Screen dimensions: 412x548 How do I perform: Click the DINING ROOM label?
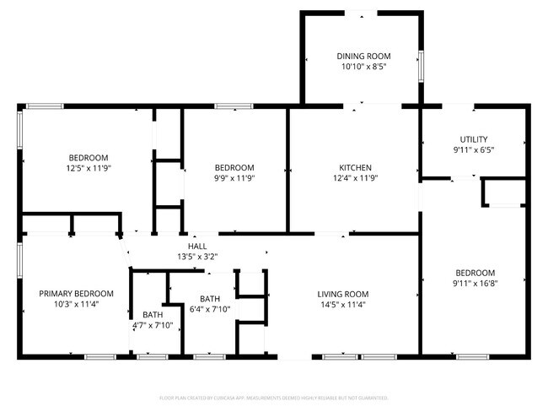(363, 57)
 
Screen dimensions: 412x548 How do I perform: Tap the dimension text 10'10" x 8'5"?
(363, 68)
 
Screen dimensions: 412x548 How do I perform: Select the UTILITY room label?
(474, 139)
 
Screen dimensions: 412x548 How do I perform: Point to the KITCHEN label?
(355, 167)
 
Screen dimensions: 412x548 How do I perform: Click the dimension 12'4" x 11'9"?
(355, 178)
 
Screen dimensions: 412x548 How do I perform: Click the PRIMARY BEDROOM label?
(76, 293)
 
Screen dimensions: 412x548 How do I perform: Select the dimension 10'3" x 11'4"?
(76, 304)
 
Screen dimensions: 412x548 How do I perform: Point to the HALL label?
(198, 246)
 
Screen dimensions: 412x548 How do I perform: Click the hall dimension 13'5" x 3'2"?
(198, 257)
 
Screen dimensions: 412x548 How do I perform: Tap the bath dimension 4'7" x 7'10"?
(153, 325)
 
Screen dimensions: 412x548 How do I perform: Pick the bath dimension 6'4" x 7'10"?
(210, 309)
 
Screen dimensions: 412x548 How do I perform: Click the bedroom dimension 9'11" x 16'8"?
(475, 284)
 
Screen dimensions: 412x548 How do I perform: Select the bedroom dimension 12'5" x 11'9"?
(89, 168)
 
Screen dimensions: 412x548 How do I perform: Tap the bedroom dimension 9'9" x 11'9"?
(234, 178)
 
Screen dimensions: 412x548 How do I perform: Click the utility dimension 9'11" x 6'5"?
(474, 150)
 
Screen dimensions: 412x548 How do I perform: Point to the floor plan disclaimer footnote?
(273, 398)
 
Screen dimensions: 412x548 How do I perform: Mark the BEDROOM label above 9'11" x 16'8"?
(475, 273)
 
